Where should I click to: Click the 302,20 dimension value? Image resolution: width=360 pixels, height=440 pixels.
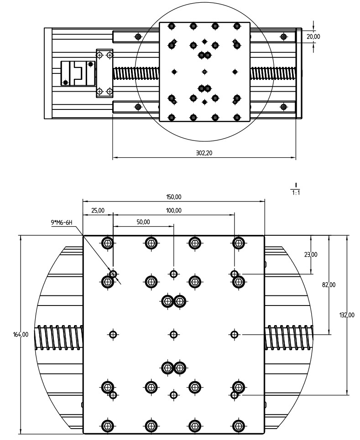point(204,154)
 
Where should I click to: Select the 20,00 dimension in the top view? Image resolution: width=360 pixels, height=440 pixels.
point(313,36)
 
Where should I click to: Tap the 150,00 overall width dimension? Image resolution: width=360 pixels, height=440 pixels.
point(173,197)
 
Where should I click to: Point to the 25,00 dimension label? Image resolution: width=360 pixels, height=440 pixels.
point(98,210)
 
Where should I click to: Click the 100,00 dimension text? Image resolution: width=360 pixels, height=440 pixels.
point(173,210)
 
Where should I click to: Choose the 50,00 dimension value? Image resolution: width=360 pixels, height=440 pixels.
point(143,222)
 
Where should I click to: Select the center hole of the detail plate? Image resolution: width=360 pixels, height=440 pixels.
point(173,335)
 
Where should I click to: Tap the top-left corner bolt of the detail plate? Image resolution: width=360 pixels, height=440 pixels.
point(108,243)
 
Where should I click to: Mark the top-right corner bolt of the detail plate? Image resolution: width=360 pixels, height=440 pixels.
point(237,243)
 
